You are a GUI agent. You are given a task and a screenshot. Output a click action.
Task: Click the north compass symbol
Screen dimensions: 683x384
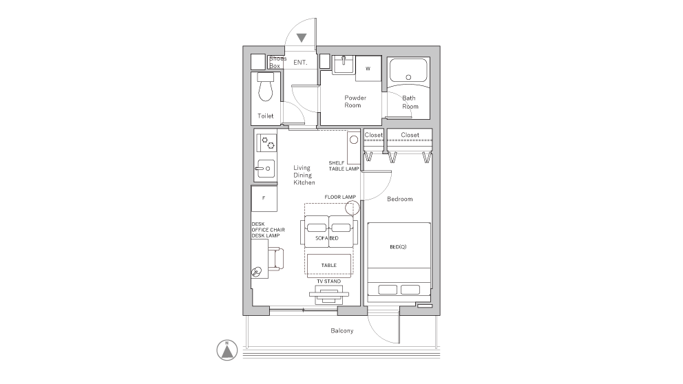pyautogui.click(x=227, y=350)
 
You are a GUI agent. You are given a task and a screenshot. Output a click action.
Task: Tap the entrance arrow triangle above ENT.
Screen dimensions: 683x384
pyautogui.click(x=302, y=38)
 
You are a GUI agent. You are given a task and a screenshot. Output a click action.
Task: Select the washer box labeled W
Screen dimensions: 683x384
pyautogui.click(x=368, y=68)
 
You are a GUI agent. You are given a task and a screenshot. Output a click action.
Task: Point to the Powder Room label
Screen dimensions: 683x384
pyautogui.click(x=355, y=101)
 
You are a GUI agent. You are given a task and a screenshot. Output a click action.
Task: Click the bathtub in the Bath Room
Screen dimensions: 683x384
pyautogui.click(x=408, y=70)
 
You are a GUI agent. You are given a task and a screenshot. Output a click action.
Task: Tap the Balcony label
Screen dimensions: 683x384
pyautogui.click(x=342, y=331)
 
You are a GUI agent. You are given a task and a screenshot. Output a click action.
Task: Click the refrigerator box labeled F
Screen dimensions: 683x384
pyautogui.click(x=264, y=198)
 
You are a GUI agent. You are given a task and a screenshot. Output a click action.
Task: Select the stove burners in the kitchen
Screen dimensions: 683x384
pyautogui.click(x=266, y=142)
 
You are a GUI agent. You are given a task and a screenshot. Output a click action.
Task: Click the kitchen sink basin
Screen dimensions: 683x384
pyautogui.click(x=265, y=169)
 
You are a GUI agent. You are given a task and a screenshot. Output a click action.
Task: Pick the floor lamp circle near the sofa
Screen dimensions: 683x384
pyautogui.click(x=353, y=208)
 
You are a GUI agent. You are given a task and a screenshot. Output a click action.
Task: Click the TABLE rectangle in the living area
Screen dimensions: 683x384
pyautogui.click(x=329, y=265)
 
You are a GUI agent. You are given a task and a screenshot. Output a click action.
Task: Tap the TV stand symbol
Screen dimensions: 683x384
pyautogui.click(x=329, y=295)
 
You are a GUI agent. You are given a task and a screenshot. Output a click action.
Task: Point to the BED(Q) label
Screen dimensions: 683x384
pyautogui.click(x=398, y=247)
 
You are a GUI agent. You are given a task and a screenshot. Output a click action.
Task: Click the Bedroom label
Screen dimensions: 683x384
pyautogui.click(x=400, y=199)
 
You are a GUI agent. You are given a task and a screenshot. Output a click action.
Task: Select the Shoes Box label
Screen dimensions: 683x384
pyautogui.click(x=277, y=62)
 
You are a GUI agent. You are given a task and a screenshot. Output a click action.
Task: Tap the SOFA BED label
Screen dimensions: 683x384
pyautogui.click(x=326, y=238)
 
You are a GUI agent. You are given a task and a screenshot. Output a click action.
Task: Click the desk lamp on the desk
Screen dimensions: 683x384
pyautogui.click(x=257, y=272)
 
